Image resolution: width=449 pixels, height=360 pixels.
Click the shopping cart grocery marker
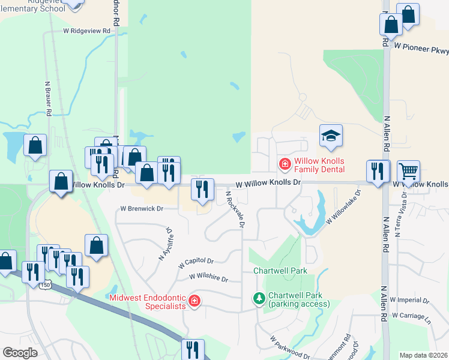[408, 172]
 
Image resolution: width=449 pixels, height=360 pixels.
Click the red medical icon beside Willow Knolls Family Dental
[285, 163]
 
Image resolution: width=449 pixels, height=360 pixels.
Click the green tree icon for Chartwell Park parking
[259, 298]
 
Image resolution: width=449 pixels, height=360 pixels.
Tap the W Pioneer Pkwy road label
[421, 45]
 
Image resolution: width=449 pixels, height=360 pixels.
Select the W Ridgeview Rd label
[87, 30]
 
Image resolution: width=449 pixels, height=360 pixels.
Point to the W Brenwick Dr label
[142, 209]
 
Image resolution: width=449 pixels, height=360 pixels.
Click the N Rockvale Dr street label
[235, 209]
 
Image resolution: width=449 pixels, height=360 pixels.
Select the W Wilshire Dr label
[208, 278]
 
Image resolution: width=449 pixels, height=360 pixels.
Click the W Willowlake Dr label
[343, 208]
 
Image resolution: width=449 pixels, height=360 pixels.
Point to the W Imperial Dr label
[409, 299]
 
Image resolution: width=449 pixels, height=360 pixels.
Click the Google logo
[20, 353]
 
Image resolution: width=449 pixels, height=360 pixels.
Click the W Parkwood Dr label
[289, 349]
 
